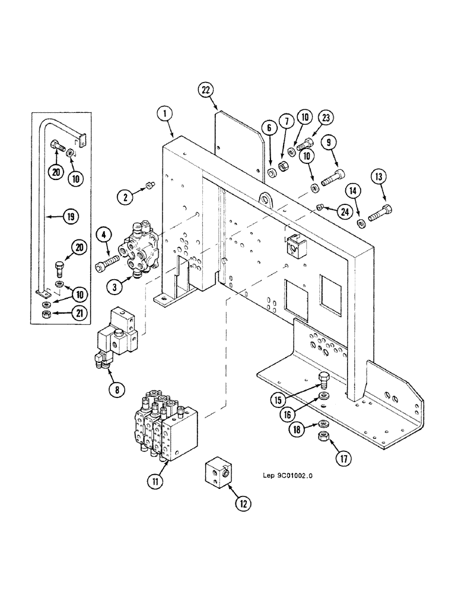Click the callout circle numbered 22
[x=205, y=90]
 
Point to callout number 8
[x=116, y=390]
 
